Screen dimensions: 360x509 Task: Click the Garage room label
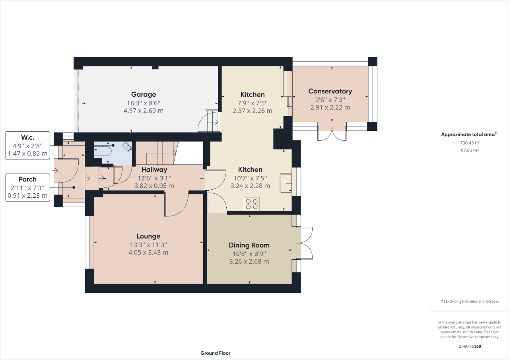144,95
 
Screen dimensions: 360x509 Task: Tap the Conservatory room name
330,91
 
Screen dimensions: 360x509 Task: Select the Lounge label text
148,236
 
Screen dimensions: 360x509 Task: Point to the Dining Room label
249,245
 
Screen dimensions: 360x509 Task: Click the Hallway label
154,170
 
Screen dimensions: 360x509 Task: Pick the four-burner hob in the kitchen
252,204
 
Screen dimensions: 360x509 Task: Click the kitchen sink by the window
286,183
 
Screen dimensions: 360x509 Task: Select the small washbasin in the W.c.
127,147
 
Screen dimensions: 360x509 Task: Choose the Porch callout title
27,179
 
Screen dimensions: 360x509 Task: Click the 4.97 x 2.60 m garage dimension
144,111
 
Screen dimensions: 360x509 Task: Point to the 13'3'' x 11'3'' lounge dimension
148,245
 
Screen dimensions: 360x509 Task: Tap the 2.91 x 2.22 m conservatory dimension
330,107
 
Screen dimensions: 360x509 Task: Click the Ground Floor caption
215,353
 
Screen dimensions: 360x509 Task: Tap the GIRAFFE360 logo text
470,346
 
